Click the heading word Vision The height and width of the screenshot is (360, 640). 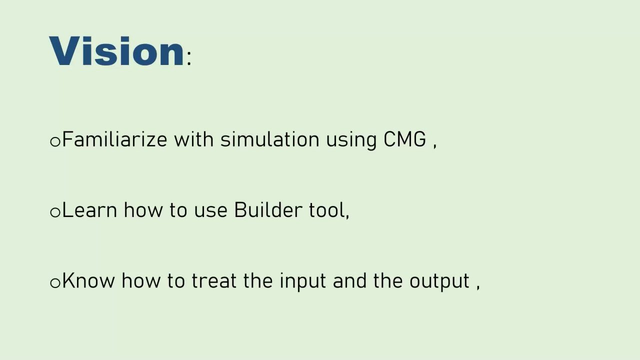116,51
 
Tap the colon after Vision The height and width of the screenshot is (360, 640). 189,58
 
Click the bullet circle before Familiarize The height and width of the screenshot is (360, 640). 55,141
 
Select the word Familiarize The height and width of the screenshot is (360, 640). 114,139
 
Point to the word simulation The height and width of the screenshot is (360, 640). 269,139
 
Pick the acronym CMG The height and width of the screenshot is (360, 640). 404,139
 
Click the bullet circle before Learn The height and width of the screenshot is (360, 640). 55,212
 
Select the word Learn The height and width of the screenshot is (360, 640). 89,210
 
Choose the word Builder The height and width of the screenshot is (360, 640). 268,209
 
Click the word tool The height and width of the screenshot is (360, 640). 327,210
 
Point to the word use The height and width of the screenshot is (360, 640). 211,211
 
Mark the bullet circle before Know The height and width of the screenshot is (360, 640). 55,283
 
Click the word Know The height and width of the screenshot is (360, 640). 88,280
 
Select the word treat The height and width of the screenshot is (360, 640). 214,280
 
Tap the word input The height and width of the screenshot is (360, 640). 303,281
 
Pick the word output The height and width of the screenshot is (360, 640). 439,282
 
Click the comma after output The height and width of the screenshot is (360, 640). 478,287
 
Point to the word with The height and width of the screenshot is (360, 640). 194,139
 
